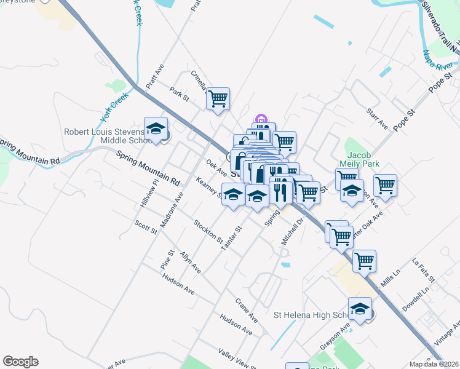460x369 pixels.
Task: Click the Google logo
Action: coord(20,362)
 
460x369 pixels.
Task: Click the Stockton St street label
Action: coord(208,231)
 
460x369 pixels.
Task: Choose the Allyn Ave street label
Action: coord(190,262)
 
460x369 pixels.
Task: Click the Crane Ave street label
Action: coord(246,310)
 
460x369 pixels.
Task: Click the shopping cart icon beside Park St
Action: coord(218,98)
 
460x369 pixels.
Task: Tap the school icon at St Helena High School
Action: coord(360,309)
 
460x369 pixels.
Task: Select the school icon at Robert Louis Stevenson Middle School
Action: coord(156,129)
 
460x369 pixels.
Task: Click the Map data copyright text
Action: coord(433,364)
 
